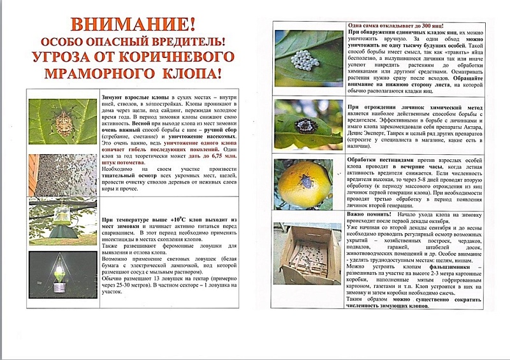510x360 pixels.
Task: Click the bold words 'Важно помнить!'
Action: coord(370,217)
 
